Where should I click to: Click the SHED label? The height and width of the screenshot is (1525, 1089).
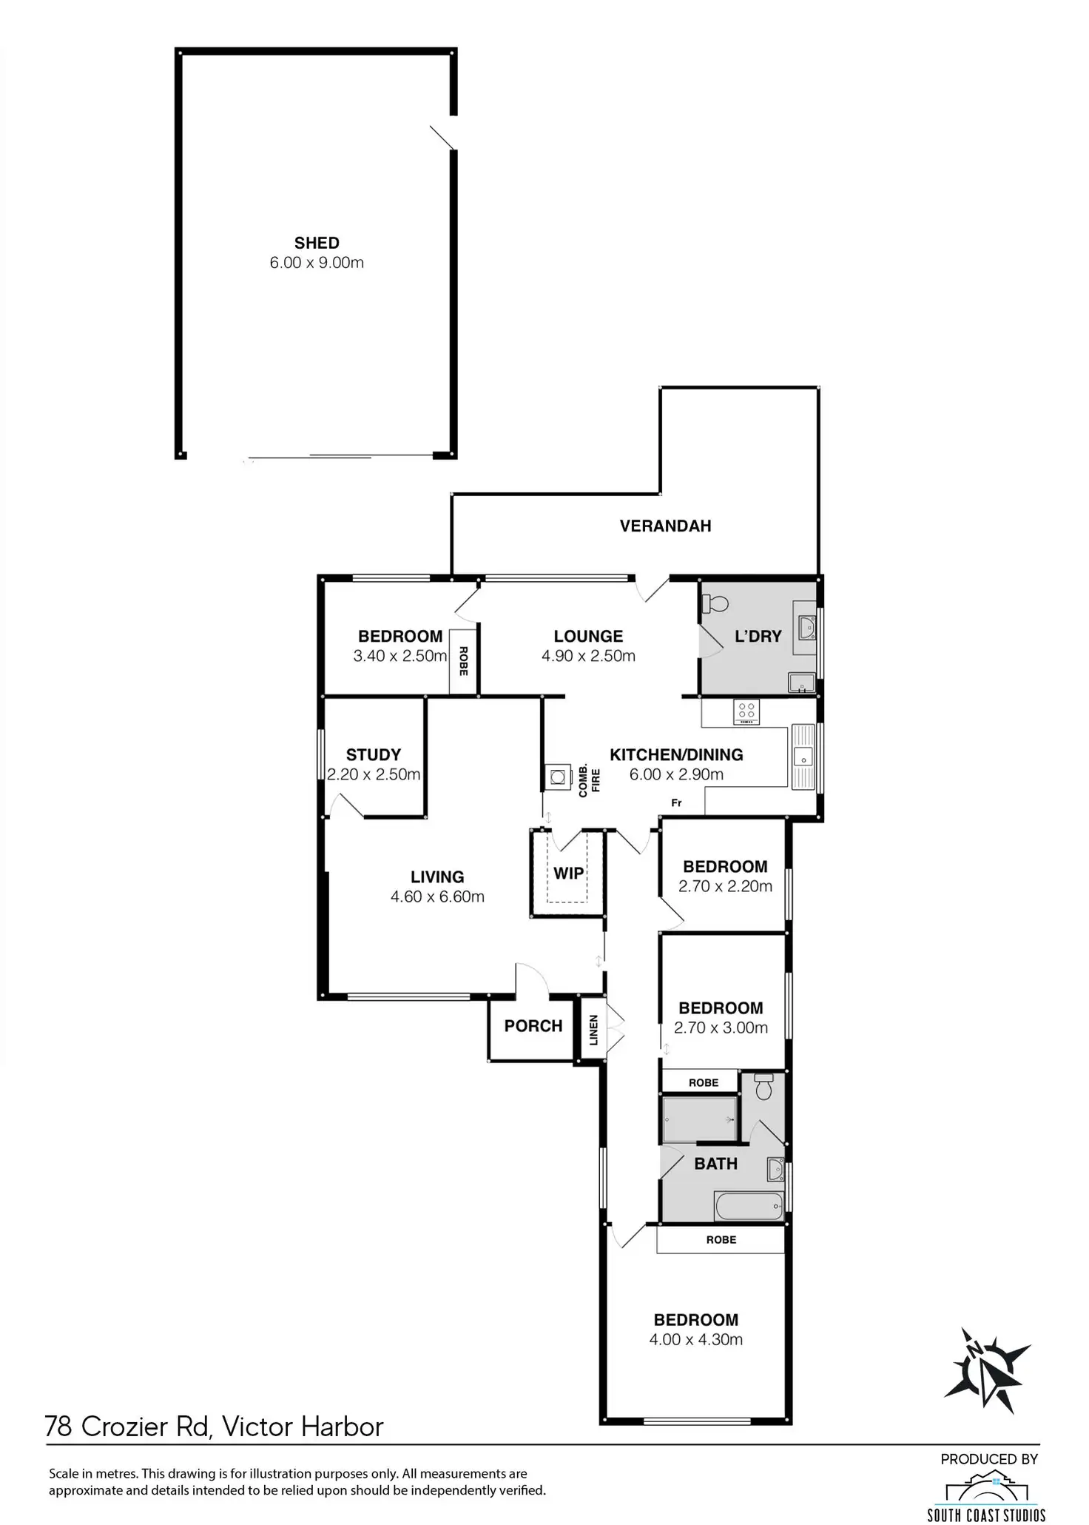click(317, 243)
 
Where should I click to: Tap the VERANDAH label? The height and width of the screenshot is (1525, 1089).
click(665, 526)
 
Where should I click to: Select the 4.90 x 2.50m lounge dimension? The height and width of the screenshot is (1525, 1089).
click(588, 656)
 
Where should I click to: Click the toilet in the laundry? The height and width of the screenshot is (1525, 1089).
click(715, 604)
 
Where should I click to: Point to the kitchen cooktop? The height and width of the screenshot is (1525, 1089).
click(746, 713)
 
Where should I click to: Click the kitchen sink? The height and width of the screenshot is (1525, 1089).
click(802, 757)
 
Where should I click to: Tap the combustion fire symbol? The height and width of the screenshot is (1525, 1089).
click(556, 777)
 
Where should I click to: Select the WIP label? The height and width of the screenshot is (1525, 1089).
click(568, 874)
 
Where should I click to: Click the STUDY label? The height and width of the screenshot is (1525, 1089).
click(373, 755)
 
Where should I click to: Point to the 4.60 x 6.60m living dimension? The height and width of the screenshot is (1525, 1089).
click(437, 897)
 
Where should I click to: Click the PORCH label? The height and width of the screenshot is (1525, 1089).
click(533, 1026)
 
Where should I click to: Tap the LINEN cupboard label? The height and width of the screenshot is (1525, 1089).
click(593, 1030)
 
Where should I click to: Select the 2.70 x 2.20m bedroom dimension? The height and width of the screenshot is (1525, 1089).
click(725, 886)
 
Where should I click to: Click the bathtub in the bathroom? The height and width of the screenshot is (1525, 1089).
click(749, 1207)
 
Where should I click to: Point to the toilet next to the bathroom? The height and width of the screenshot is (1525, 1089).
click(763, 1087)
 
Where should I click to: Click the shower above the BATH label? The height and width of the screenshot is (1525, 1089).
click(700, 1119)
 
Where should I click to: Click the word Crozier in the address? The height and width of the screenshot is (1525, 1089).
click(144, 1427)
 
